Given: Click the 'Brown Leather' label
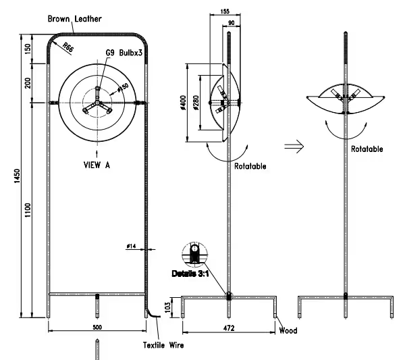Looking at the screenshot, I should click(x=74, y=20).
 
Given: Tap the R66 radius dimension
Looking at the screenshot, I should click(x=68, y=47).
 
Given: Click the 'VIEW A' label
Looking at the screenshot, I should click(x=97, y=164).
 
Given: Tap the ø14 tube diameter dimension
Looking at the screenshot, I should click(x=132, y=247).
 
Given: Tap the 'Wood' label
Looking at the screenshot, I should click(x=288, y=331).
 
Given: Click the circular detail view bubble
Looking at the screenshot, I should click(x=194, y=255).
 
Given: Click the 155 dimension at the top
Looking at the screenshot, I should click(x=225, y=11).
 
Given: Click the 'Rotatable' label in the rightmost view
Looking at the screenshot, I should click(x=367, y=149).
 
